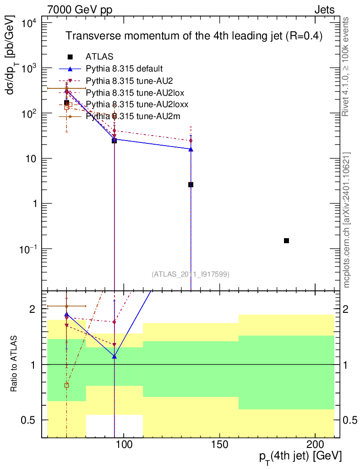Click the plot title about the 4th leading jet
point(194,36)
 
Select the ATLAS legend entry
point(99,57)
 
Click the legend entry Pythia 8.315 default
point(124,69)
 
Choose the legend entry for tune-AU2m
point(133,116)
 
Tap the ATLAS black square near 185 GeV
point(286,240)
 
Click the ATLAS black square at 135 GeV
point(191,185)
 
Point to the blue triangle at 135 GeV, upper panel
point(191,149)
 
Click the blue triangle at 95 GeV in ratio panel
point(114,356)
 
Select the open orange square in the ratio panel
point(66,385)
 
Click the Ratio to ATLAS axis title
point(15,365)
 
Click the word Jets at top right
point(324,10)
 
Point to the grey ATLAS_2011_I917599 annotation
point(191,274)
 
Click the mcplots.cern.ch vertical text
point(347,220)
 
